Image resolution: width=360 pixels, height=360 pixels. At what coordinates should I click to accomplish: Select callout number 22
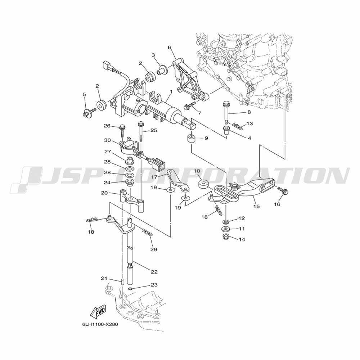coord(154,272)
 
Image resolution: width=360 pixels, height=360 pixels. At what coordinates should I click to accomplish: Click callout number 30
coord(107,140)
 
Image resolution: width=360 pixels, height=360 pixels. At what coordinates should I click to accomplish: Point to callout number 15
coord(256,206)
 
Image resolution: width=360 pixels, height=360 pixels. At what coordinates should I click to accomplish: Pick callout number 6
coord(170,48)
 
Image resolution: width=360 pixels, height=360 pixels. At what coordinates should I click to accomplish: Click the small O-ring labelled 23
coord(130,289)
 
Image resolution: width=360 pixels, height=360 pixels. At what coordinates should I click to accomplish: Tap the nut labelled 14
coord(225,237)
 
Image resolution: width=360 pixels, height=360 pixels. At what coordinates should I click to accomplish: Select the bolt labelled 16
coord(283,191)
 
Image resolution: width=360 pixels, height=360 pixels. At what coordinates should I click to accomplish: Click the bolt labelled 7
coord(190,105)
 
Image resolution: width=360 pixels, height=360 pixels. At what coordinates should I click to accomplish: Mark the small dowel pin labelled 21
coord(123,282)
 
